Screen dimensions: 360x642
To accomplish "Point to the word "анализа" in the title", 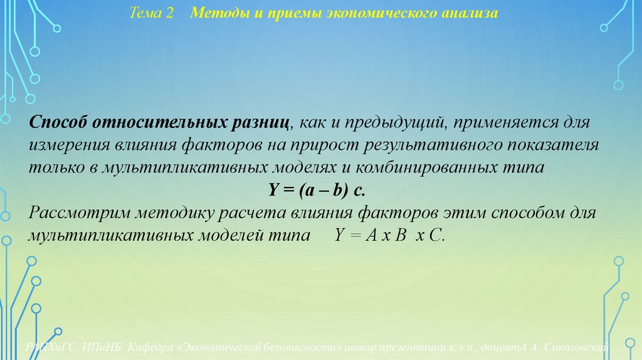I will click(x=466, y=13).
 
